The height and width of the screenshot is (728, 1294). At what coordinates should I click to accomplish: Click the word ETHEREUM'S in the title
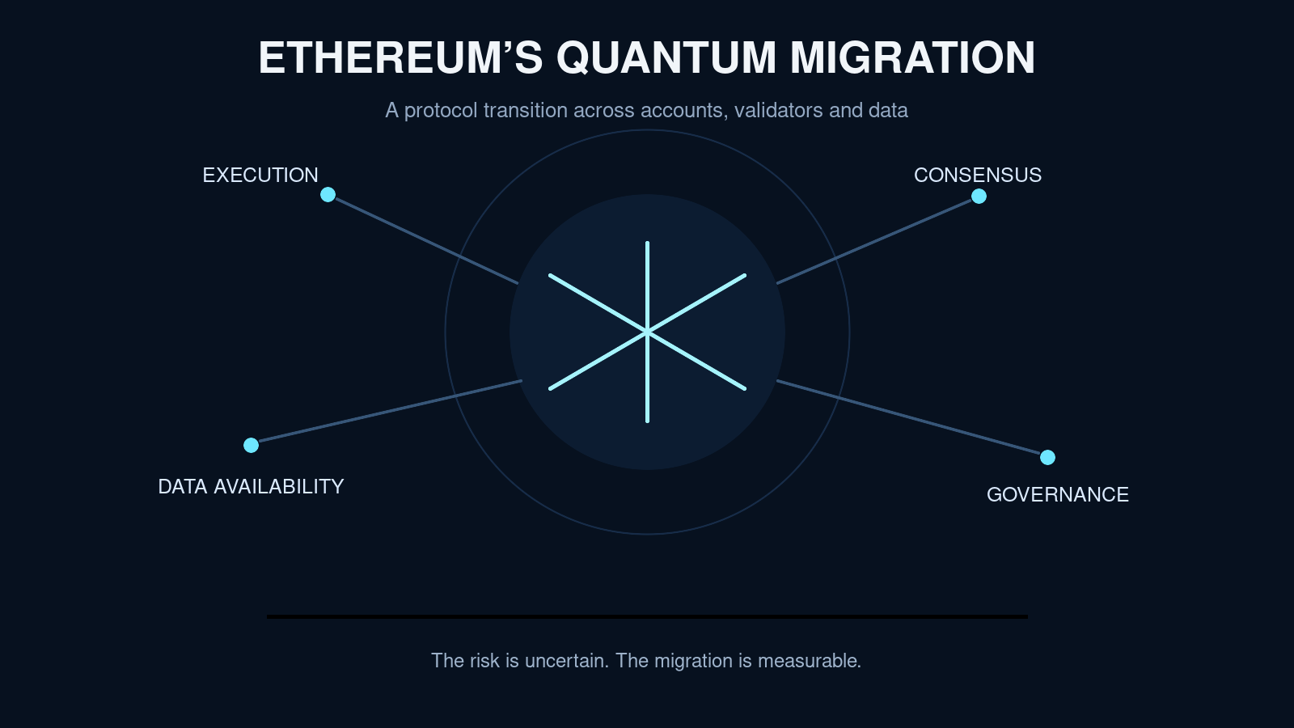(400, 57)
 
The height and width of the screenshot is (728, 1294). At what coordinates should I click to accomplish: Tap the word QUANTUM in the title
(666, 57)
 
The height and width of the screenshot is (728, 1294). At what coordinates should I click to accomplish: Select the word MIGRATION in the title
(913, 57)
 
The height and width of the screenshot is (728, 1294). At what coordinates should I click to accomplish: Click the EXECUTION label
(260, 175)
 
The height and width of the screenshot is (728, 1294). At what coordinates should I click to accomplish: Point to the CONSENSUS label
(978, 175)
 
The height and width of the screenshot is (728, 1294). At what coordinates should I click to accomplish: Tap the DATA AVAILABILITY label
(251, 486)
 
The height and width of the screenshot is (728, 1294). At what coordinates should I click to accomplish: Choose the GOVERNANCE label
(1057, 494)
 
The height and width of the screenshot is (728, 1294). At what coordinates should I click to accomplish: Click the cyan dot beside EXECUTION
(328, 195)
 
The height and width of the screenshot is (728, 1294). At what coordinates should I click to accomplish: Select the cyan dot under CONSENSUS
(979, 197)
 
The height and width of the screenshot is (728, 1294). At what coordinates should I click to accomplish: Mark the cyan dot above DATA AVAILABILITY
(251, 445)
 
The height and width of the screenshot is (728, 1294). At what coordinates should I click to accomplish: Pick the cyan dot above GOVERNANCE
(1047, 458)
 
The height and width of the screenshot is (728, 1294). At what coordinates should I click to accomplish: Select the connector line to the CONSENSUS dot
(875, 242)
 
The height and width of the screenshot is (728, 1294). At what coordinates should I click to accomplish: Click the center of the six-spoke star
(647, 332)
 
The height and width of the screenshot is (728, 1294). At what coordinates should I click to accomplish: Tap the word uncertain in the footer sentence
(567, 660)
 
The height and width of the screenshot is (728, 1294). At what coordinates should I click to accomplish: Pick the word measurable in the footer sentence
(810, 660)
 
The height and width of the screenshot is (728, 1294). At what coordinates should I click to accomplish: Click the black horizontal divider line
(647, 617)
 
